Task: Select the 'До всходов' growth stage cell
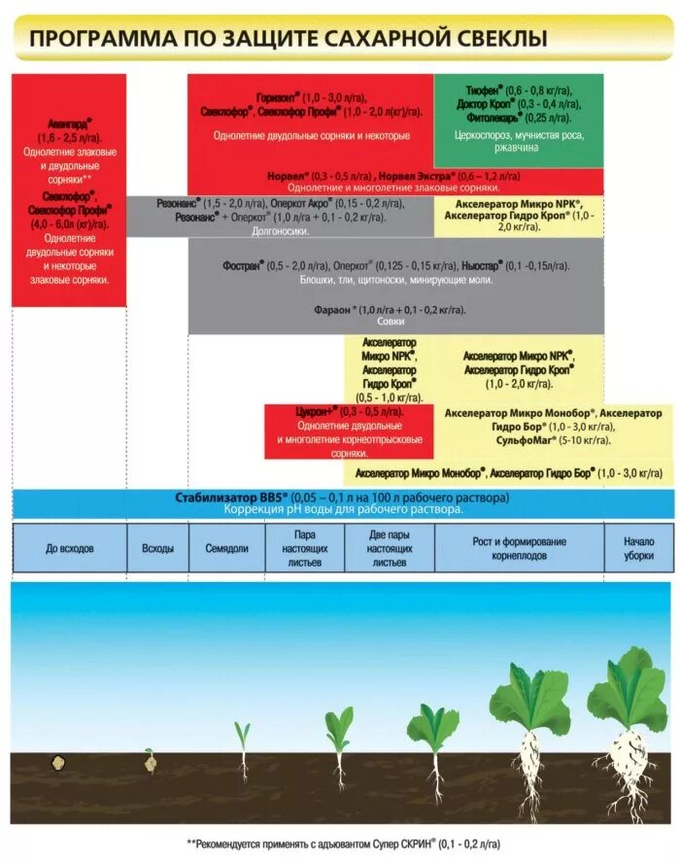pyautogui.click(x=70, y=548)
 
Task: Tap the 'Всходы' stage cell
pyautogui.click(x=157, y=548)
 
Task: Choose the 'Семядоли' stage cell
pyautogui.click(x=226, y=548)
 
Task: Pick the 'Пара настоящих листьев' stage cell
pyautogui.click(x=305, y=548)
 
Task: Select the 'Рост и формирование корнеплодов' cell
pyautogui.click(x=520, y=548)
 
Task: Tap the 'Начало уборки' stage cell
pyautogui.click(x=638, y=548)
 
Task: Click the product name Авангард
pyautogui.click(x=68, y=125)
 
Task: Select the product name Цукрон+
pyautogui.click(x=315, y=412)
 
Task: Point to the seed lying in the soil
pyautogui.click(x=58, y=765)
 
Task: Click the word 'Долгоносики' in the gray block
pyautogui.click(x=281, y=231)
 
